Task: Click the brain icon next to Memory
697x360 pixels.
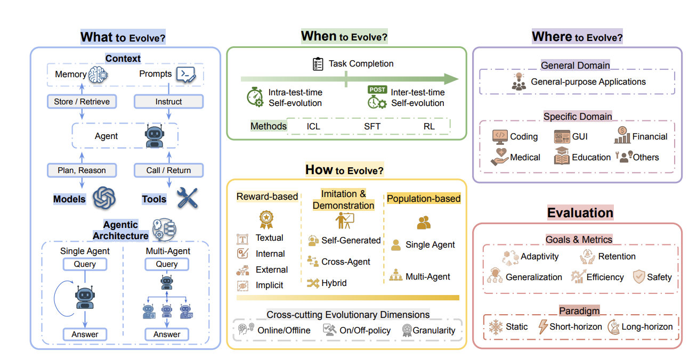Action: pyautogui.click(x=99, y=75)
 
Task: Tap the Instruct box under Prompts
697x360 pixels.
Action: pyautogui.click(x=168, y=101)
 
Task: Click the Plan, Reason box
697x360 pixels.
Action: pyautogui.click(x=82, y=170)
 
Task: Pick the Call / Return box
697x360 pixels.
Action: pyautogui.click(x=168, y=170)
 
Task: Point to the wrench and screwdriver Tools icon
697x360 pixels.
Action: pyautogui.click(x=187, y=198)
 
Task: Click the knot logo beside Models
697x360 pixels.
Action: pyautogui.click(x=104, y=198)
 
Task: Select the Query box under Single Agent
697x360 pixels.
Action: pyautogui.click(x=85, y=264)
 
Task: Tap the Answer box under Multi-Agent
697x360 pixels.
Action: pyautogui.click(x=167, y=334)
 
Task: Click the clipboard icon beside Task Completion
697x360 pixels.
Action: pyautogui.click(x=318, y=64)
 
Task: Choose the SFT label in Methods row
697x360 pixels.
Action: pyautogui.click(x=372, y=126)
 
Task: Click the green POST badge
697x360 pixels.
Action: pyautogui.click(x=377, y=89)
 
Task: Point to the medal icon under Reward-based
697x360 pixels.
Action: pyautogui.click(x=266, y=218)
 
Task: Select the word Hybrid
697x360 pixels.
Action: pyautogui.click(x=334, y=283)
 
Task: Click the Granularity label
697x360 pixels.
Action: pyautogui.click(x=434, y=330)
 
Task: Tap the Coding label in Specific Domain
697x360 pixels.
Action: pyautogui.click(x=524, y=136)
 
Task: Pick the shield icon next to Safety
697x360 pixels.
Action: pyautogui.click(x=638, y=276)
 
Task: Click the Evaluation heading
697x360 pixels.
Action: pyautogui.click(x=580, y=213)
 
